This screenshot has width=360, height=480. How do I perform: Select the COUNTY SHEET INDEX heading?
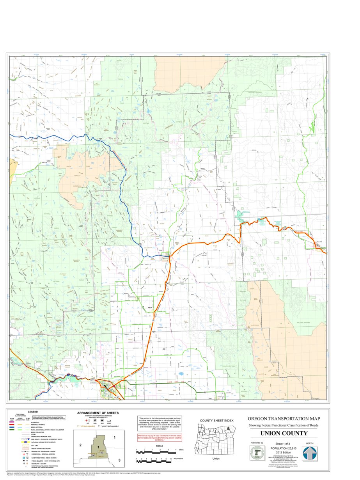click(216, 420)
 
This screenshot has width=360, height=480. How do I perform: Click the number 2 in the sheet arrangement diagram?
click(80, 445)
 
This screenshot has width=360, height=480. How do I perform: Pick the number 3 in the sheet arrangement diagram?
click(119, 460)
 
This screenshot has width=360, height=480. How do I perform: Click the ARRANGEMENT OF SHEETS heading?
click(98, 413)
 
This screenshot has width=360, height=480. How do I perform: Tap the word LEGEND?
click(32, 412)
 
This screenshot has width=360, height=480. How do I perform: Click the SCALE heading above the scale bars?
click(159, 446)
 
